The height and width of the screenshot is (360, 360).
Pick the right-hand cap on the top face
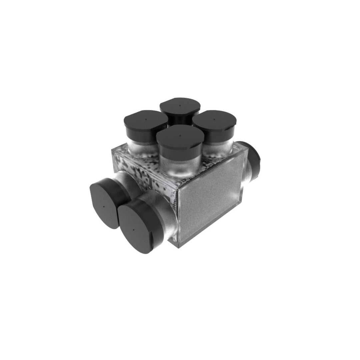[x=214, y=121]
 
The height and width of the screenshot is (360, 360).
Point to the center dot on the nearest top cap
[x=180, y=135]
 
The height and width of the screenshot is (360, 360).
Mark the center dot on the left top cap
[x=146, y=119]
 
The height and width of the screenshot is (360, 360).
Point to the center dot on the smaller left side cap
[x=104, y=207]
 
